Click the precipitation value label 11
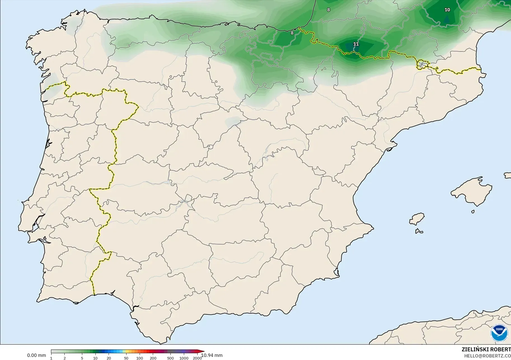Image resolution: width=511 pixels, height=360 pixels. pos(356,44)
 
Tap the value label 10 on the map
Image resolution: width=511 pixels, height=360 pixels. pos(447,10)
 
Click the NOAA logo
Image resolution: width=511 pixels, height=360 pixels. pos(499,333)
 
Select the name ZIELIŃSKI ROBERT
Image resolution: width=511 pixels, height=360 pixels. pos(486,349)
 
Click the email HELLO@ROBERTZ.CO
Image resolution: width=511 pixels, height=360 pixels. pos(487,356)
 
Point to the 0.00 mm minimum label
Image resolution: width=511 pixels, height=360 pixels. pos(36,355)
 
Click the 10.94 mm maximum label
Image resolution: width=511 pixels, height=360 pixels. pos(212,355)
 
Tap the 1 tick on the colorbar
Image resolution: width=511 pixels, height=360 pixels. pos(51,358)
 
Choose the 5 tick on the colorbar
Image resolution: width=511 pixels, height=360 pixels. pos(82,358)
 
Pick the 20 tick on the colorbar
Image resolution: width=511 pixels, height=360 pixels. pos(109,358)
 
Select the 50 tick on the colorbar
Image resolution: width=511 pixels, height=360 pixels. pos(126,358)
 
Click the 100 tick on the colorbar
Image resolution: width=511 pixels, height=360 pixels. pos(140,358)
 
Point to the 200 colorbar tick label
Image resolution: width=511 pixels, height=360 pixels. pos(153,358)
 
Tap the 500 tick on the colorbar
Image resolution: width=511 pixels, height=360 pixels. pos(170,358)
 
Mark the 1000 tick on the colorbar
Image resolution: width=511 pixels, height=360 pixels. pos(184,358)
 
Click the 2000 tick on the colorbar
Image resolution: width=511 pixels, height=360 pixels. pos(197,358)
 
